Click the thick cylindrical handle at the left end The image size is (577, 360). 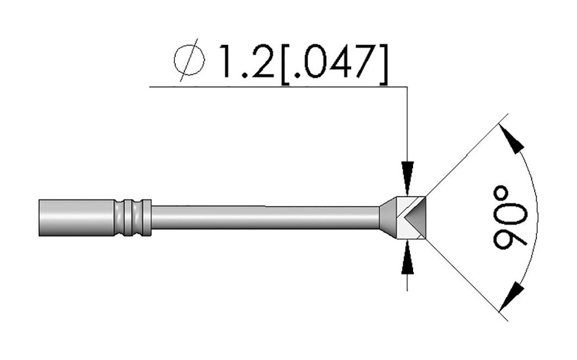76,217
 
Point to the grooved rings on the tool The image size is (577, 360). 132,217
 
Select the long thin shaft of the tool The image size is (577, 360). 265,217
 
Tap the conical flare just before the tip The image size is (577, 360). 387,217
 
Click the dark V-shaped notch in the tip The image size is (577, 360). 414,217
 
